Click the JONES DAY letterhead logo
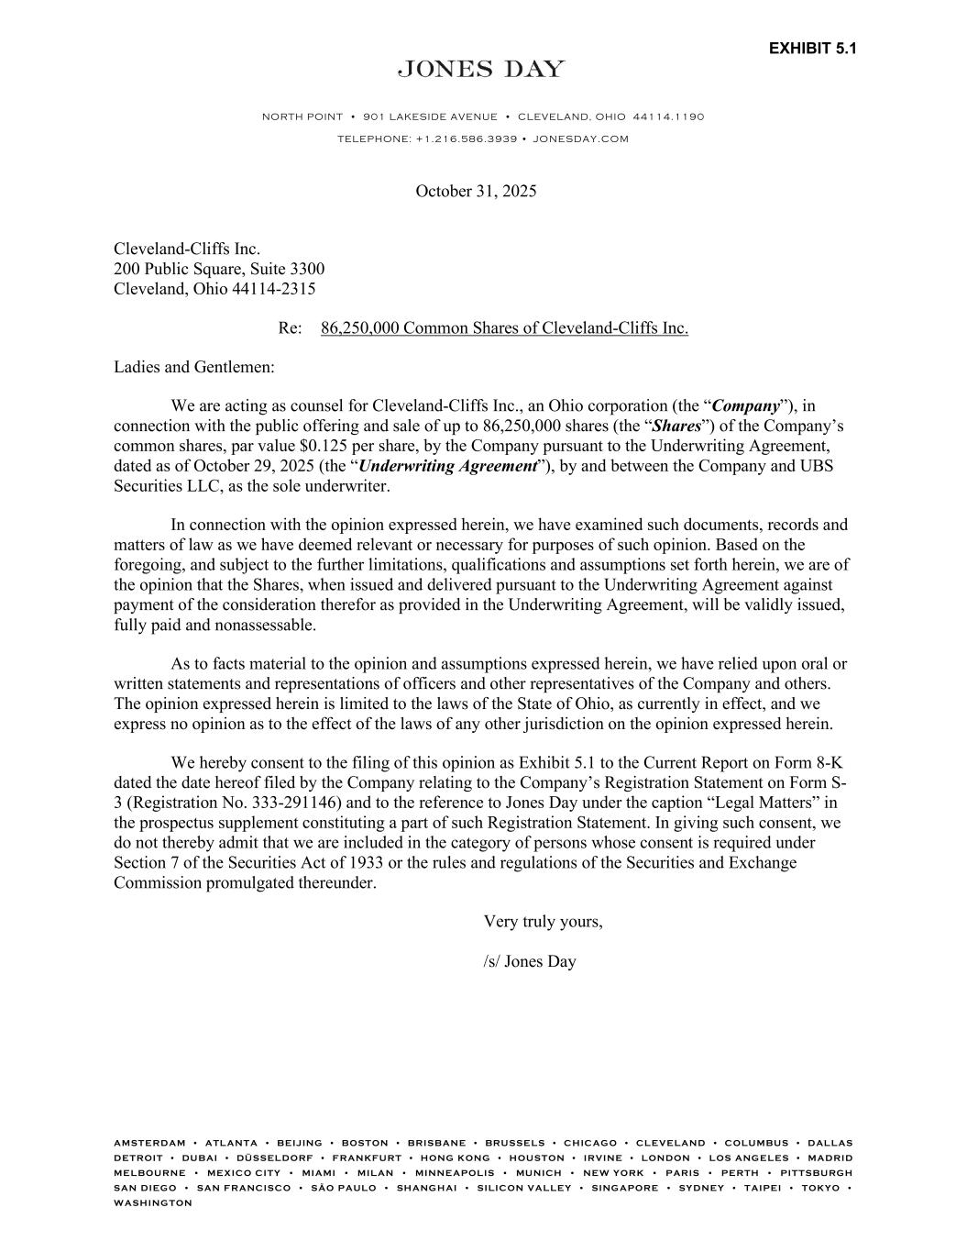(x=481, y=70)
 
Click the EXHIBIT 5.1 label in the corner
(x=812, y=49)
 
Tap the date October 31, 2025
(x=476, y=192)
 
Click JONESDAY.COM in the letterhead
(x=580, y=139)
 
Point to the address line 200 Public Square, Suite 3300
(x=218, y=270)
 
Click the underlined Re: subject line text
(x=504, y=328)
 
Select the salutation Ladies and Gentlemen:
(x=193, y=368)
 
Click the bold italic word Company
(x=746, y=406)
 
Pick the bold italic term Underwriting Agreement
(x=447, y=466)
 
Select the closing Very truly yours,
(x=543, y=923)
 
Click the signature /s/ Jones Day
(x=530, y=962)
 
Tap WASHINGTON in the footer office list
(x=153, y=1203)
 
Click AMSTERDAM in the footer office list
(x=149, y=1144)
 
